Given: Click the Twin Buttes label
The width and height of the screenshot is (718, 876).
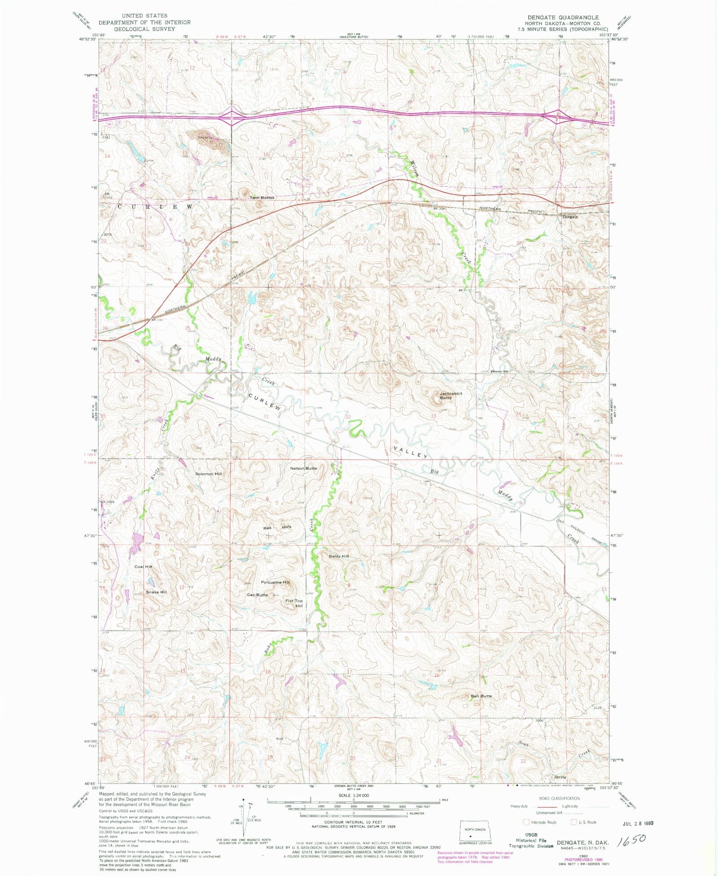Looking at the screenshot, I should click(x=262, y=198).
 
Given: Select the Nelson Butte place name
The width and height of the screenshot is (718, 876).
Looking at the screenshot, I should click(x=303, y=468).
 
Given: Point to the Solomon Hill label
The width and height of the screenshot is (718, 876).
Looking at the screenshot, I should click(x=208, y=474).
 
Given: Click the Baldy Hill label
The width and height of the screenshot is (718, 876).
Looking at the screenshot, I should click(x=338, y=556).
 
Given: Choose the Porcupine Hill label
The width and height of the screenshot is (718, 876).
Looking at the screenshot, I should click(x=275, y=582).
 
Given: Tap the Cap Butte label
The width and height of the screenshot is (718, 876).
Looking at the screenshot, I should click(x=257, y=595).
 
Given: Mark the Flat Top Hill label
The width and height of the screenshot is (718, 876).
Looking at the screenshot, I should click(x=295, y=603).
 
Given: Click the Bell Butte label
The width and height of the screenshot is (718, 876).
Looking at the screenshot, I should click(x=481, y=696).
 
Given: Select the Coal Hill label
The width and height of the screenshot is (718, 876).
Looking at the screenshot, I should click(x=143, y=567).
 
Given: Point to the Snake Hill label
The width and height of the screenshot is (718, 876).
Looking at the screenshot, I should click(x=156, y=592).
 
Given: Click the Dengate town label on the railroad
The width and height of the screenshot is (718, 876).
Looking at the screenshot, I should click(x=570, y=216).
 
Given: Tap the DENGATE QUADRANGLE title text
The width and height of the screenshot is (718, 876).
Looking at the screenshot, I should click(x=563, y=17).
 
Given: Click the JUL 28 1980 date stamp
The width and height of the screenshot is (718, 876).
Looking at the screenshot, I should click(x=638, y=824).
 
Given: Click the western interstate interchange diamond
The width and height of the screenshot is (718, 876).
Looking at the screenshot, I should click(x=231, y=118).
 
